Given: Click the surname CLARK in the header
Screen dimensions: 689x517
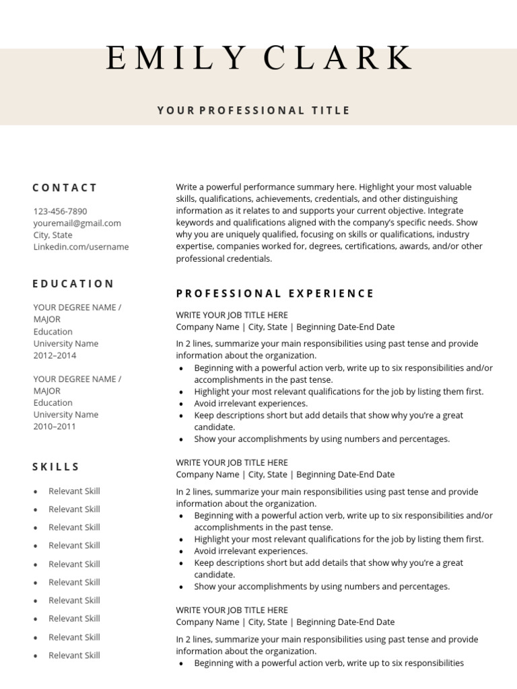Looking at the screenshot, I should [338, 59].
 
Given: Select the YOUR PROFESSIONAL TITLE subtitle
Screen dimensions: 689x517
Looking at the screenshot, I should [254, 110].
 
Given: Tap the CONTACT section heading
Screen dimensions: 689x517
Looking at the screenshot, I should [65, 188].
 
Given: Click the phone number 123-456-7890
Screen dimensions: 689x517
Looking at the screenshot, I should [60, 211].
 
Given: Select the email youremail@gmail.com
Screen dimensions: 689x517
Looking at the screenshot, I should [77, 223].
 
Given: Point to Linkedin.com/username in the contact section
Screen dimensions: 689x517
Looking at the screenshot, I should [81, 247].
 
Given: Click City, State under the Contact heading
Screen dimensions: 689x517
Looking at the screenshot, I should [53, 235].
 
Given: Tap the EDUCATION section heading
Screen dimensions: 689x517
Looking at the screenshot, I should [73, 284].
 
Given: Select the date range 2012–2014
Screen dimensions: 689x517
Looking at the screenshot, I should [55, 355].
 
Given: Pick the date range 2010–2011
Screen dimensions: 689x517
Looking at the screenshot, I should [55, 427].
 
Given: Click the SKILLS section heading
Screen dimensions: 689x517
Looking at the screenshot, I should [56, 467].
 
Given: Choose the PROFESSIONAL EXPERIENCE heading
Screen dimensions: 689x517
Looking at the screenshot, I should [275, 293].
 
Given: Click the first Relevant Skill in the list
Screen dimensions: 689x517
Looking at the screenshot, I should [74, 491].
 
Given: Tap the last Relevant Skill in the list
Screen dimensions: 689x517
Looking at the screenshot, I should [74, 655].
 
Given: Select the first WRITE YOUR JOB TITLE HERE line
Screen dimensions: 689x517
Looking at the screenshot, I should [232, 315].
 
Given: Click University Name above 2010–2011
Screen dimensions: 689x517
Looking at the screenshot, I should [65, 414].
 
